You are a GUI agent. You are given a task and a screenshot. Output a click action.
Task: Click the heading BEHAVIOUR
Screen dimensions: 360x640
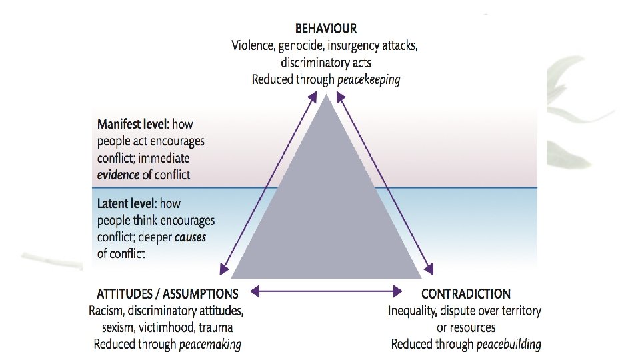click(326, 29)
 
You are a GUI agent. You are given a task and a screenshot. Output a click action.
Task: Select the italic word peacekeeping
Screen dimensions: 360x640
click(369, 79)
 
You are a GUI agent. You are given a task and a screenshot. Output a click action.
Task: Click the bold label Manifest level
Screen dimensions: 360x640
click(132, 124)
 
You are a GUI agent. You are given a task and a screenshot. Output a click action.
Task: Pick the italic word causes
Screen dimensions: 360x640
click(191, 237)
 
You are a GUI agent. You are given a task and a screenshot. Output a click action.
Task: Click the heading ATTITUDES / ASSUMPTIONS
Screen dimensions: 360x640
click(167, 293)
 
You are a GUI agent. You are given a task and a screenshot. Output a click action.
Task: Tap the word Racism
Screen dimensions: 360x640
click(106, 311)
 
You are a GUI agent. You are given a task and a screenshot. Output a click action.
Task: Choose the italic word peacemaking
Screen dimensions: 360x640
click(209, 345)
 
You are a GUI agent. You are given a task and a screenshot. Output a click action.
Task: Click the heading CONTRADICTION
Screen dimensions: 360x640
click(466, 293)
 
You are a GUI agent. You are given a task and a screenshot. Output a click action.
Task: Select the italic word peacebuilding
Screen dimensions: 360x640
click(508, 345)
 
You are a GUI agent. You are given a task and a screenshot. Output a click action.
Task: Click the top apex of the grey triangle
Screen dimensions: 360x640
click(327, 95)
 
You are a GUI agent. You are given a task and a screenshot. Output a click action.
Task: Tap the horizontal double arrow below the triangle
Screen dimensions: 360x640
click(326, 291)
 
